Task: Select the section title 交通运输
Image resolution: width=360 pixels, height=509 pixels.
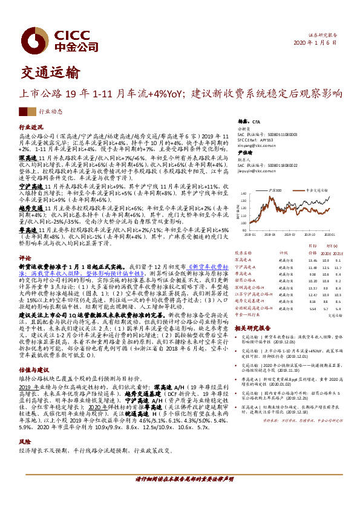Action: point(49,73)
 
